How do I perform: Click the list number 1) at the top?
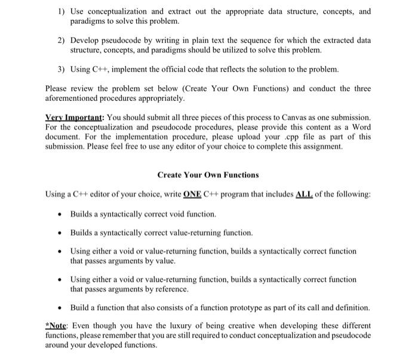[62, 12]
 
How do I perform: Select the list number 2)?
[62, 41]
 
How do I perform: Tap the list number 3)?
[62, 69]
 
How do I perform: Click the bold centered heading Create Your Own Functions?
[208, 175]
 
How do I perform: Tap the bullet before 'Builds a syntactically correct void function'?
[60, 214]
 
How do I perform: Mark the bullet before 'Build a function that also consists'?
[60, 308]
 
